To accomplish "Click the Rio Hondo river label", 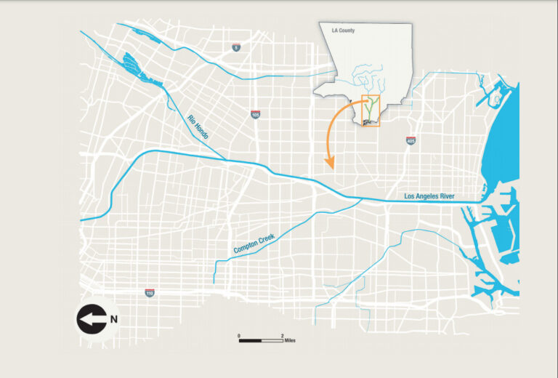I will point(198,127).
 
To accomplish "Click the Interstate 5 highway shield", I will point(236,48).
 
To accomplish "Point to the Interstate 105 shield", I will point(255,115).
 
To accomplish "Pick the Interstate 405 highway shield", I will point(411,140).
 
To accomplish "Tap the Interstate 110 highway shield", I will point(150,293).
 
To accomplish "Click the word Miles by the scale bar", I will point(289,340).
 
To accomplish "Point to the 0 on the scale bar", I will point(239,335).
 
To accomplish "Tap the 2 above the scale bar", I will point(282,335).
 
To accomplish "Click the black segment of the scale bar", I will point(251,340).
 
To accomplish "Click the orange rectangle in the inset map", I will point(371,110).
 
